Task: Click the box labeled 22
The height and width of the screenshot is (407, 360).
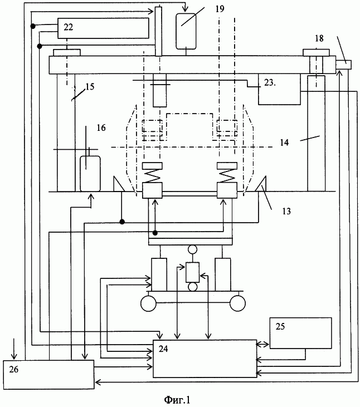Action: (x=103, y=28)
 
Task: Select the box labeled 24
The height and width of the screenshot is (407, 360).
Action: (x=205, y=359)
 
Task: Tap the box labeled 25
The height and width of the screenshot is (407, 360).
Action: (x=300, y=333)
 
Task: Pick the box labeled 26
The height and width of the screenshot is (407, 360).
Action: (x=48, y=374)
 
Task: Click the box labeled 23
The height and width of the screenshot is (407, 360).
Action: (x=279, y=89)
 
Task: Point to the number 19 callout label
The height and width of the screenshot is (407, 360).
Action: (x=220, y=9)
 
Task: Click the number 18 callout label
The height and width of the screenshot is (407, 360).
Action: (x=319, y=38)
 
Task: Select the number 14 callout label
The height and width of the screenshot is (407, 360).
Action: (x=284, y=143)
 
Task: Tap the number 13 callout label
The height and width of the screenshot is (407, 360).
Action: (x=286, y=211)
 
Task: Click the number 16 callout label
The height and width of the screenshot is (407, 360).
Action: (x=101, y=128)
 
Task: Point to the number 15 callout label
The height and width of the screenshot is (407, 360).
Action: (x=90, y=87)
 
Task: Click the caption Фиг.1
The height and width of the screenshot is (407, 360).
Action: (x=177, y=400)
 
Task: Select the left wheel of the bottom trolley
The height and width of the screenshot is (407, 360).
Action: (x=148, y=303)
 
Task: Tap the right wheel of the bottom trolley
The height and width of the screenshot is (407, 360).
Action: (x=237, y=303)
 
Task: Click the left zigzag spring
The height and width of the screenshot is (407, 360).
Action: (x=152, y=175)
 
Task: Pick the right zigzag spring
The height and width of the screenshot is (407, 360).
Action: (x=227, y=175)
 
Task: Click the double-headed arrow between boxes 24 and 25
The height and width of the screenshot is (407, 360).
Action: (x=263, y=345)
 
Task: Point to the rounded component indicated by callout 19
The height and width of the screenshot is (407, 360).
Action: (x=186, y=31)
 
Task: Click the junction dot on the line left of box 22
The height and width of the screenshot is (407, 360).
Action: (x=33, y=26)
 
